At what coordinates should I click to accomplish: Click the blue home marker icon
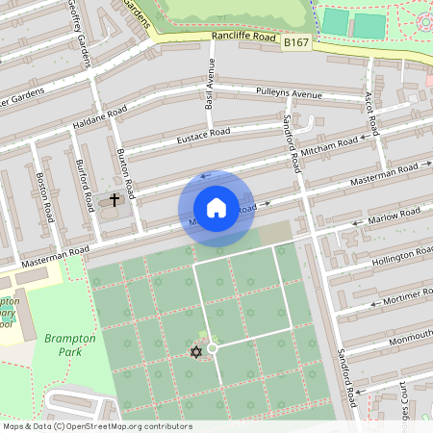click(216, 208)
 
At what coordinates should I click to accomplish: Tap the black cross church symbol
click(115, 200)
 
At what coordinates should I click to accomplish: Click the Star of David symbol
click(196, 351)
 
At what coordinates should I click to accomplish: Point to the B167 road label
click(296, 43)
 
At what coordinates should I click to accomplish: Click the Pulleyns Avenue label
click(289, 94)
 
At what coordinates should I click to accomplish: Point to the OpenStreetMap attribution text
click(96, 426)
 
